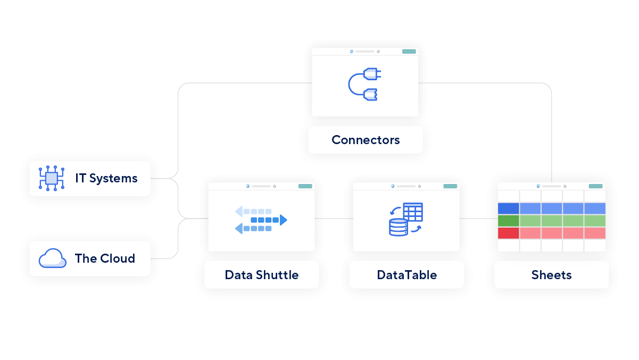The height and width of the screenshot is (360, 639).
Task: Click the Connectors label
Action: (366, 140)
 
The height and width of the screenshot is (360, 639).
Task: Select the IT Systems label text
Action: (106, 178)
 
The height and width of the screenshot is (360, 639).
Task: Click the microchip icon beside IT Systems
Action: (51, 178)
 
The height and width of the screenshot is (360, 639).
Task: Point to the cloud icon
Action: (52, 259)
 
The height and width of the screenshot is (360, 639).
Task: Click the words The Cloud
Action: (105, 258)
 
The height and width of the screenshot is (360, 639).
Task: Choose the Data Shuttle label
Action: (261, 275)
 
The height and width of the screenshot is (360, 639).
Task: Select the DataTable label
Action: (406, 275)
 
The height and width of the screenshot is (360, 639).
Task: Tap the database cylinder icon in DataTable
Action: (398, 227)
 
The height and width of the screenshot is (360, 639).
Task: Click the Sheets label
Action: (551, 275)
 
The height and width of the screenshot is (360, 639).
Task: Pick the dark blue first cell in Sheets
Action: (508, 208)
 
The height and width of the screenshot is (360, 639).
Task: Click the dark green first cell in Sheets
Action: (508, 220)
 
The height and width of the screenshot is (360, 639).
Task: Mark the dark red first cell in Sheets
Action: (508, 233)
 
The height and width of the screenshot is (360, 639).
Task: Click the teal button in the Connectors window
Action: (409, 52)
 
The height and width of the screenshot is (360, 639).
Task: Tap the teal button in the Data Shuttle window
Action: (305, 186)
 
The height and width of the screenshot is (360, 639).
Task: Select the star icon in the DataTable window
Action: (419, 186)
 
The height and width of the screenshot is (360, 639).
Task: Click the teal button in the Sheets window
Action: (596, 186)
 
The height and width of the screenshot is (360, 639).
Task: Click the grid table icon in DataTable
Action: (413, 212)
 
